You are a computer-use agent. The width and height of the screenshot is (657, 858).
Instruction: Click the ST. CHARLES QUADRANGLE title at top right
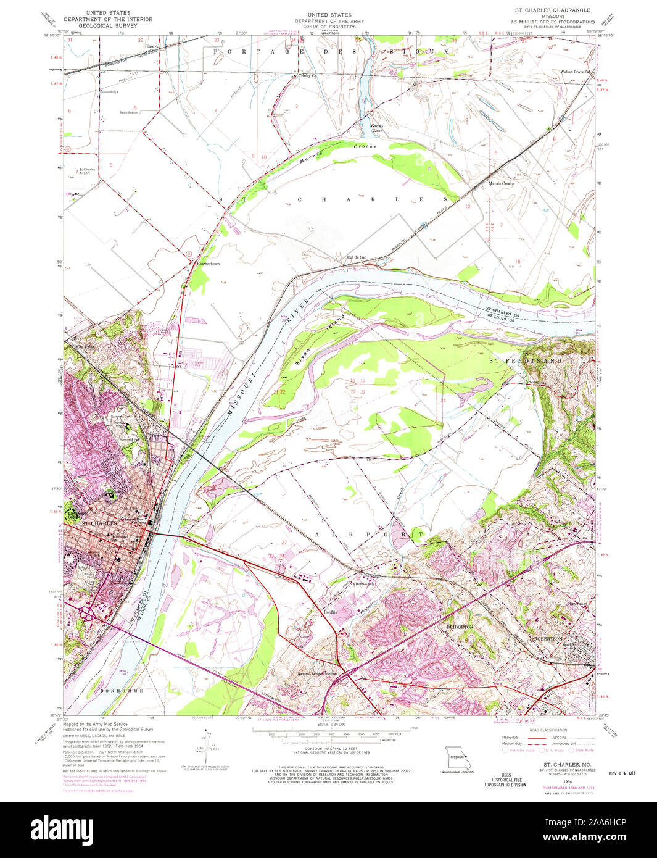point(553,10)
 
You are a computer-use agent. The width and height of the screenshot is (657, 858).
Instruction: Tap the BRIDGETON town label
point(459,627)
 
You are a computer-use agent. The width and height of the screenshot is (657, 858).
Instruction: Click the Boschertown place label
point(208,264)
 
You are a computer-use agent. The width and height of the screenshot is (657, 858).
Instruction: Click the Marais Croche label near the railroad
point(502,183)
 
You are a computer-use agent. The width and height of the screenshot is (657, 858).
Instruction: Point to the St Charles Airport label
point(86,171)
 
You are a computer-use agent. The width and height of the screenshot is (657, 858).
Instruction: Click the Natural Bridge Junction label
point(318,673)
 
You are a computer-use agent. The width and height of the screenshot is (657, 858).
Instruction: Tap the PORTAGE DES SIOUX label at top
point(330,52)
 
